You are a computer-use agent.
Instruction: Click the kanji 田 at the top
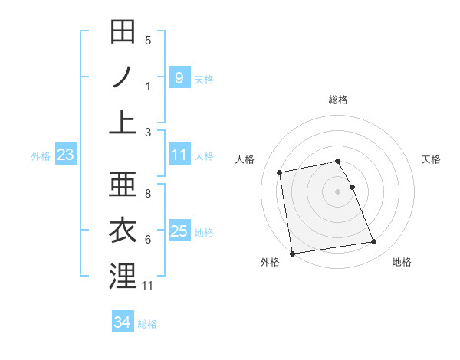[x=123, y=34]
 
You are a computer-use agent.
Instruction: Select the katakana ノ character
[x=123, y=77]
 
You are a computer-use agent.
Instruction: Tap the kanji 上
[x=123, y=121]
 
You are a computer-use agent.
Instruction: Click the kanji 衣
[x=123, y=231]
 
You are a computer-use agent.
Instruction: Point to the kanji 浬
[x=123, y=275]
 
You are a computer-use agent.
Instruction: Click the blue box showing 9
[x=179, y=77]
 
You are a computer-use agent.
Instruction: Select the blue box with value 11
[x=179, y=155]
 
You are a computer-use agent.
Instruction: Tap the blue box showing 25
[x=179, y=231]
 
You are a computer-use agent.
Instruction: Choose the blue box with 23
[x=65, y=155]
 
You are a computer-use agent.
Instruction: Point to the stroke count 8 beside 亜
[x=148, y=195]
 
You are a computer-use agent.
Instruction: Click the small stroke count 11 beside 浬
[x=148, y=286]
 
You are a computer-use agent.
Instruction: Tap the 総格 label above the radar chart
[x=338, y=100]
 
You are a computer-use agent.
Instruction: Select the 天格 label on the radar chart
[x=431, y=159]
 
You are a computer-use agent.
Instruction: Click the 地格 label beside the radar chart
[x=402, y=263]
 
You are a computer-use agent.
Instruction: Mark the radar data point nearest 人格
[x=280, y=172]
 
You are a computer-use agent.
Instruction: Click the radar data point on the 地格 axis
[x=373, y=242]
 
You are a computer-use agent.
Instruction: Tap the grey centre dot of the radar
[x=338, y=191]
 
